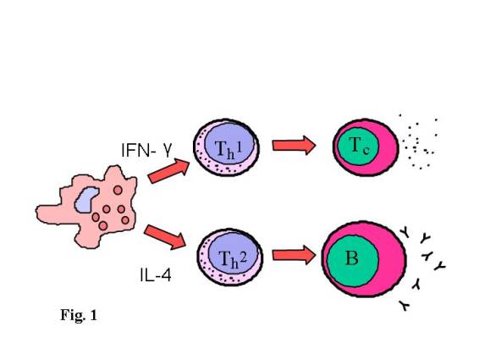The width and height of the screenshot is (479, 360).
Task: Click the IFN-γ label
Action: tap(147, 150)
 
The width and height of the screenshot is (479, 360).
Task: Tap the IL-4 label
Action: tap(156, 275)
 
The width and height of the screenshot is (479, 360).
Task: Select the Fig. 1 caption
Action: tap(79, 315)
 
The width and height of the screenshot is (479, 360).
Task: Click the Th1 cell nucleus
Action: tap(229, 143)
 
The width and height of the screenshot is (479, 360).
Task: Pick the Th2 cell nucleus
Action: tap(234, 253)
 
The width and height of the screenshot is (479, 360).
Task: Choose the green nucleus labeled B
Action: tap(353, 261)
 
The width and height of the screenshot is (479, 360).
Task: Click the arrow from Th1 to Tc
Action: tap(294, 146)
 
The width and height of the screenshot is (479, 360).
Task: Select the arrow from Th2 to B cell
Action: tap(294, 255)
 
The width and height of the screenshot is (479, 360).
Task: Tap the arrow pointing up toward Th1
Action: tap(168, 171)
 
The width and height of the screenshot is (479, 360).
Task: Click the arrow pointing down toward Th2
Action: tap(165, 236)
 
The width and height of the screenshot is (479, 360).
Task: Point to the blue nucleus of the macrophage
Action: tap(87, 199)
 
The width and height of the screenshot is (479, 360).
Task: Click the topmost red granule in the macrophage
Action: tap(118, 191)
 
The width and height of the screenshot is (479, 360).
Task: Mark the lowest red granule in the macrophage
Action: tap(103, 225)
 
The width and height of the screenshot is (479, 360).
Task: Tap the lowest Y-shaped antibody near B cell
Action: tap(405, 306)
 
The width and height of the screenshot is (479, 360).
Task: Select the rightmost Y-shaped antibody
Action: tap(440, 266)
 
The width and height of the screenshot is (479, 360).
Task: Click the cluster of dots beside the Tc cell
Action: tap(419, 142)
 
